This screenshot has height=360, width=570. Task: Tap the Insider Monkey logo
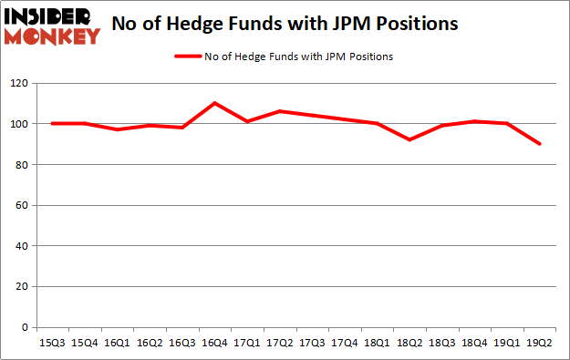(x=53, y=26)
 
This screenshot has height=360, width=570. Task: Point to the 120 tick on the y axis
(x=19, y=83)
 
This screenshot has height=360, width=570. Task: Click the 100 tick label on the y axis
(x=19, y=124)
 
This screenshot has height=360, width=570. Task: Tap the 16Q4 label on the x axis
(x=214, y=344)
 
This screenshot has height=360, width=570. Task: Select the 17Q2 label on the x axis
(x=279, y=344)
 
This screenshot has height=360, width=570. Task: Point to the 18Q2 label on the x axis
(x=409, y=344)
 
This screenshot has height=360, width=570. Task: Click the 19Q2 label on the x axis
(x=538, y=344)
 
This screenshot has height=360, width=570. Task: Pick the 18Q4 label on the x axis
(x=473, y=344)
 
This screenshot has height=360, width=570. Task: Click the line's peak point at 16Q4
(x=214, y=103)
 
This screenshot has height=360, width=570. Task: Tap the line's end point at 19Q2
(x=538, y=144)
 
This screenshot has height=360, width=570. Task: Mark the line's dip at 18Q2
(x=409, y=139)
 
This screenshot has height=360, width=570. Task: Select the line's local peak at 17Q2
(x=279, y=111)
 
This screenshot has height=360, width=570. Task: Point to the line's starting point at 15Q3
(x=53, y=123)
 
